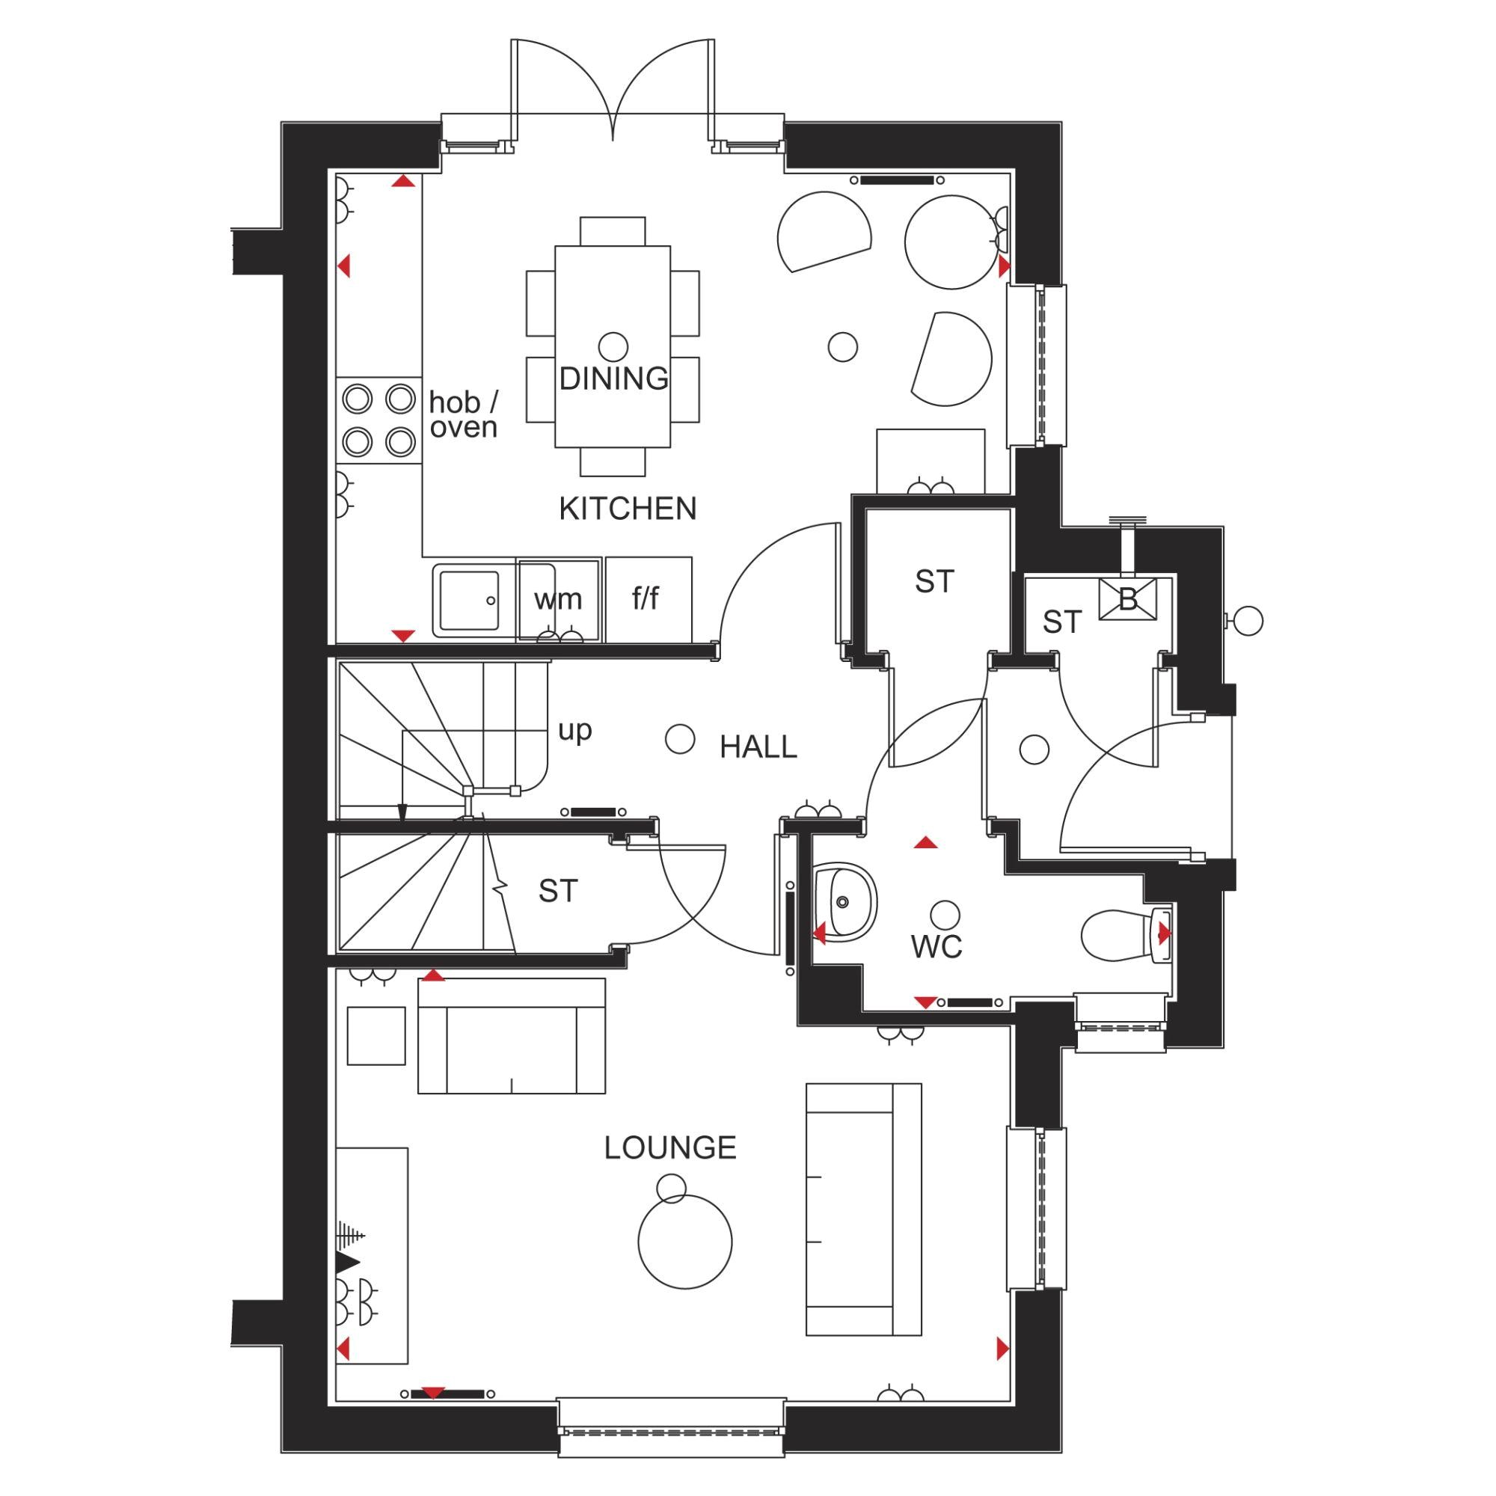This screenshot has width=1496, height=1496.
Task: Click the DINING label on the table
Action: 613,378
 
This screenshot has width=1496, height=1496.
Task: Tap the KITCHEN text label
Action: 628,509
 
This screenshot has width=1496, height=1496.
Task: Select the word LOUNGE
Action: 669,1147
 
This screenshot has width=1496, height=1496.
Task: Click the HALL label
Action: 757,747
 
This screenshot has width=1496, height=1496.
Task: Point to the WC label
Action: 936,946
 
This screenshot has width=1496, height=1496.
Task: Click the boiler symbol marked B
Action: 1127,598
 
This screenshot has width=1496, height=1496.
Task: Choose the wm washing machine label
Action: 557,598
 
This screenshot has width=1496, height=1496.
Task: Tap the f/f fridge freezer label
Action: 646,598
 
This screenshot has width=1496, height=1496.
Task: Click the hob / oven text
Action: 464,415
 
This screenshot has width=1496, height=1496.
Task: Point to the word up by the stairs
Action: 574,729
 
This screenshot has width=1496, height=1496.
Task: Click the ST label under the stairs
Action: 557,892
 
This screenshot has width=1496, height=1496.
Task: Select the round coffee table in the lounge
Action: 684,1242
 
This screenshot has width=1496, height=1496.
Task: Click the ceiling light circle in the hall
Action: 680,739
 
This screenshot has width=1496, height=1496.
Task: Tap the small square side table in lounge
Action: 376,1036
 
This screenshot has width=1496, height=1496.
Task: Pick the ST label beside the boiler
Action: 1061,622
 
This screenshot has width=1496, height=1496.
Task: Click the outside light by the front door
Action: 1248,620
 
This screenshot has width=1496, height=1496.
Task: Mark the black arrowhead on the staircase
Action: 401,812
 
